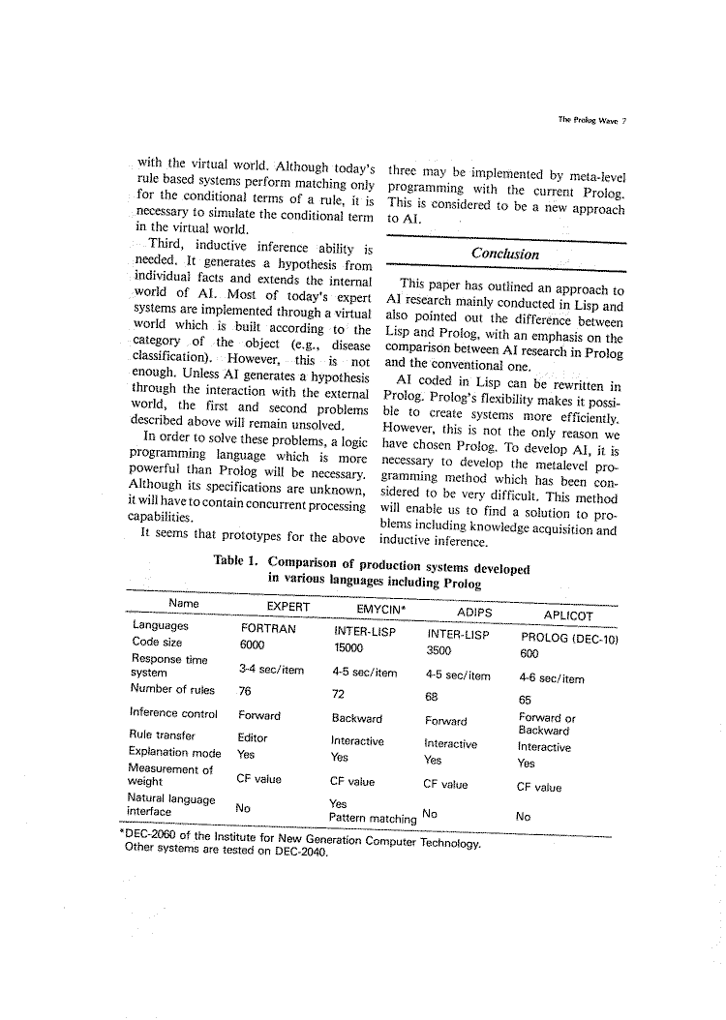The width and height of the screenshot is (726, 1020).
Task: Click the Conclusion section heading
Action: (x=505, y=254)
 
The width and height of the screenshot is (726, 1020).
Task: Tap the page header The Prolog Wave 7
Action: (x=592, y=121)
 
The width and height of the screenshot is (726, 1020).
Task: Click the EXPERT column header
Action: (x=287, y=607)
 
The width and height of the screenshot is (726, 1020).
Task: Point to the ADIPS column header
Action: (x=473, y=613)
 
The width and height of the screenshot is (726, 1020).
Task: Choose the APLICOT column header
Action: (x=568, y=615)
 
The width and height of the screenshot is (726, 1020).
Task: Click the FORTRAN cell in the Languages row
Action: (x=267, y=627)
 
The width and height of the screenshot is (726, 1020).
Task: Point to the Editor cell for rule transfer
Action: (x=253, y=737)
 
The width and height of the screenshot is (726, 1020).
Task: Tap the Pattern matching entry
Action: (x=373, y=818)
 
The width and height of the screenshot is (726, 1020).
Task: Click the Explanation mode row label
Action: (x=174, y=752)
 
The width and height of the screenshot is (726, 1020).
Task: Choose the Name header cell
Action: (x=183, y=603)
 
